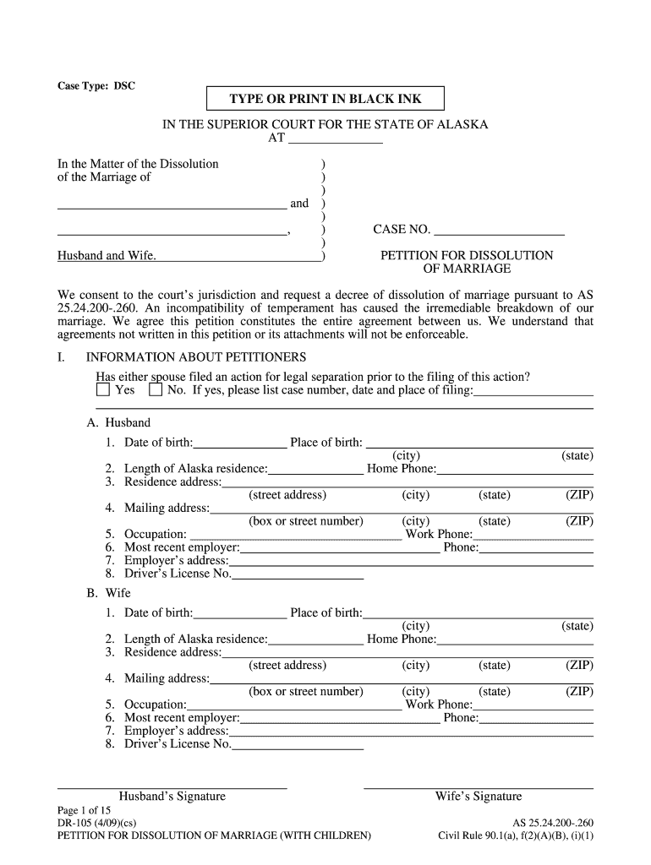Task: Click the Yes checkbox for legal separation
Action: [103, 390]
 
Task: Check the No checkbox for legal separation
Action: [156, 390]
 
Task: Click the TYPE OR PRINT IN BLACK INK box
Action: [325, 99]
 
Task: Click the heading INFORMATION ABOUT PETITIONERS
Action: [196, 357]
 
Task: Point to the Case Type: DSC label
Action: [96, 86]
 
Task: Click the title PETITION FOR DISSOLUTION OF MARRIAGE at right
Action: [467, 262]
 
